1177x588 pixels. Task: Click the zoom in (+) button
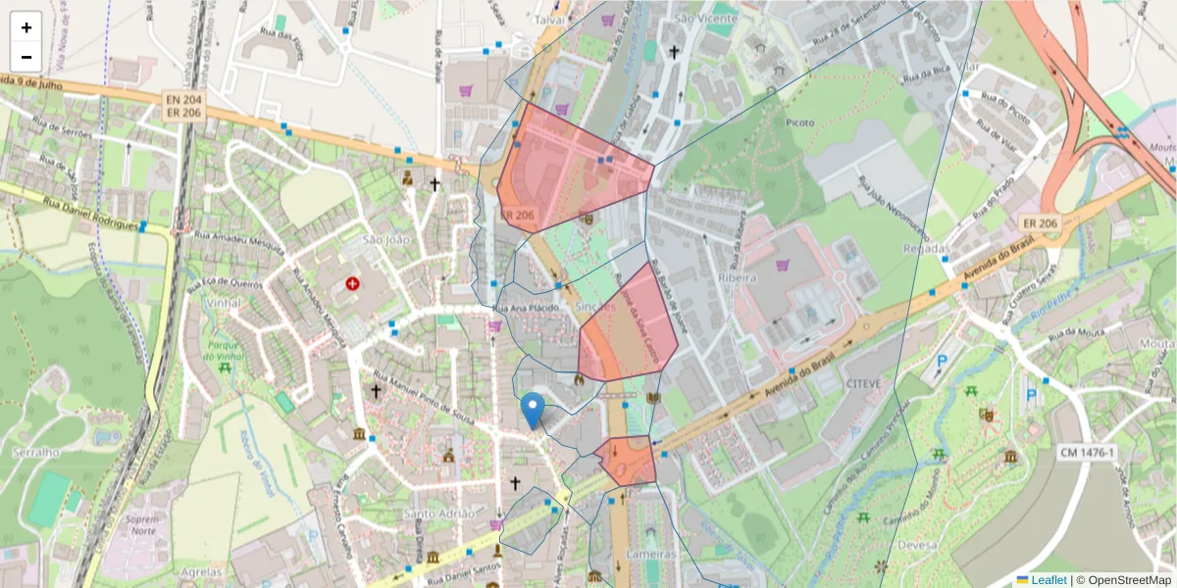click(x=26, y=27)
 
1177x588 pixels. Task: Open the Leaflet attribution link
click(x=1048, y=580)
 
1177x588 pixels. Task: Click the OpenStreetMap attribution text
click(x=1124, y=580)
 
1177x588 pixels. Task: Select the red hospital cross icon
click(x=353, y=284)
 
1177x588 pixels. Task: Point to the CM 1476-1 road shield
click(x=1094, y=452)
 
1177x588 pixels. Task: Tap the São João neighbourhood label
click(x=358, y=240)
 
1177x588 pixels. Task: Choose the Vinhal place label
click(x=225, y=304)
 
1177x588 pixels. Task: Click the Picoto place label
click(x=800, y=122)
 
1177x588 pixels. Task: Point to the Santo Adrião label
click(x=440, y=514)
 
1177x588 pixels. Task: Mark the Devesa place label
click(x=917, y=545)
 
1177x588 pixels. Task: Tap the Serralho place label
click(x=36, y=453)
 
